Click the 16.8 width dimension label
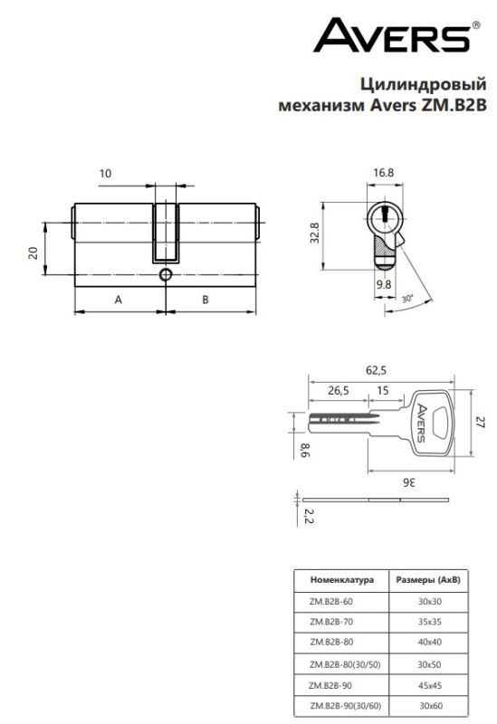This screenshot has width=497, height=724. tap(383, 173)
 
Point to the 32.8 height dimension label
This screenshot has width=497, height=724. tap(314, 233)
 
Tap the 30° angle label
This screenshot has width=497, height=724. tap(407, 299)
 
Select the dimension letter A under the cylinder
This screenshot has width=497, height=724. tap(119, 300)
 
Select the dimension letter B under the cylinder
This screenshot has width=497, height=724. tap(205, 300)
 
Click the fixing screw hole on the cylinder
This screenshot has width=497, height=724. tap(166, 275)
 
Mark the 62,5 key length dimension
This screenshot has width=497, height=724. tap(376, 370)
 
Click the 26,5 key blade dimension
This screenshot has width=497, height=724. tap(339, 391)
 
